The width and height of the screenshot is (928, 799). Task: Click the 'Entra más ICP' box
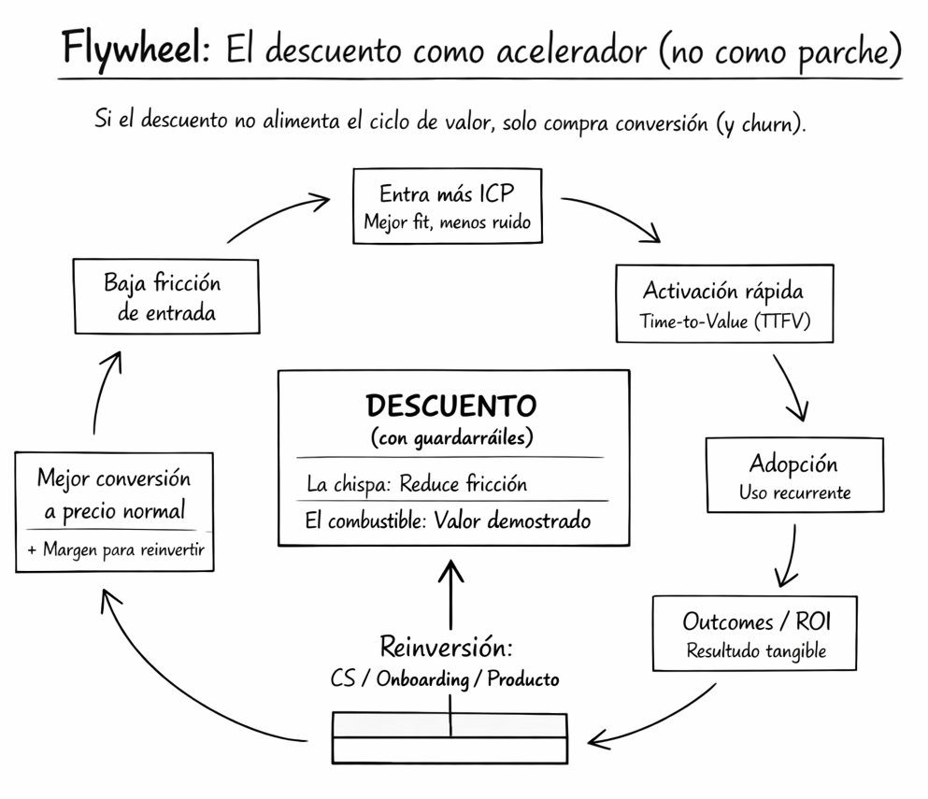[x=447, y=206]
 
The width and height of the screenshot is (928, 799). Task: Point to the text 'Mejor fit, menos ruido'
[x=447, y=223]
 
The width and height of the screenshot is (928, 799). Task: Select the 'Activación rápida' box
[x=723, y=303]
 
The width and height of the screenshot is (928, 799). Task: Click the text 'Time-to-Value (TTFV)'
[x=723, y=321]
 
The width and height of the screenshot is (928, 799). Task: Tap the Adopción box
[x=794, y=475]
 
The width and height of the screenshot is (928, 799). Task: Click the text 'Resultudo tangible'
[x=755, y=651]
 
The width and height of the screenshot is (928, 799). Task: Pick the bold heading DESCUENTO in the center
[x=451, y=406]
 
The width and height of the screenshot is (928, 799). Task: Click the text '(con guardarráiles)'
[x=451, y=436]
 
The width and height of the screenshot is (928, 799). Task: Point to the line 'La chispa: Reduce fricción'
[x=417, y=484]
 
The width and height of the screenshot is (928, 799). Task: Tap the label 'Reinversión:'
[x=446, y=647]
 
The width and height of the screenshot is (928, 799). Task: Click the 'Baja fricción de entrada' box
[x=166, y=295]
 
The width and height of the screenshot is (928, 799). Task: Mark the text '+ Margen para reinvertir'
[x=114, y=550]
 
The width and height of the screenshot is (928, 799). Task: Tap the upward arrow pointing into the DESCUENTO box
[x=451, y=593]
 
